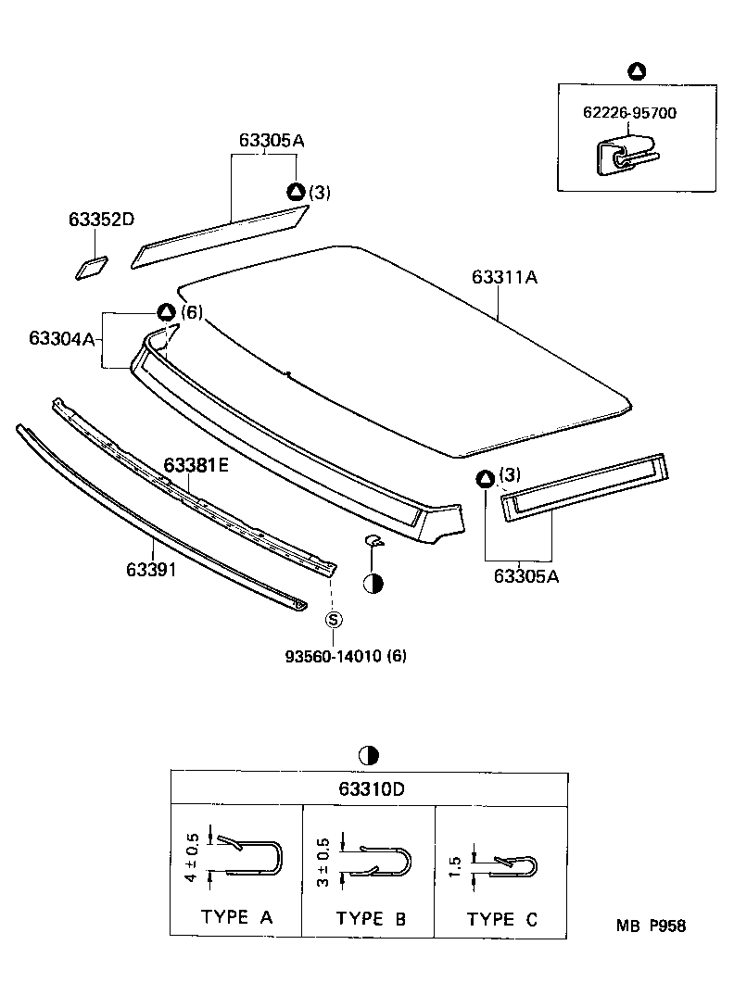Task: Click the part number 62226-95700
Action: pos(629,113)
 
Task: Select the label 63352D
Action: pos(101,220)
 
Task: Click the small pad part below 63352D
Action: pos(91,267)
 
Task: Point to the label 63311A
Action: pos(505,277)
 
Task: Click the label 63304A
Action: pos(62,339)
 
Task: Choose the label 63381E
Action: pos(196,465)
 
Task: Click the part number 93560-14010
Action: pos(334,656)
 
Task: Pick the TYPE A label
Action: pos(236,918)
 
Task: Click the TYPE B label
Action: pos(371,919)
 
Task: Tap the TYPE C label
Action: pos(502,919)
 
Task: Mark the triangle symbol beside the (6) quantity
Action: pos(165,312)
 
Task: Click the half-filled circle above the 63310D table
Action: pos(368,756)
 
